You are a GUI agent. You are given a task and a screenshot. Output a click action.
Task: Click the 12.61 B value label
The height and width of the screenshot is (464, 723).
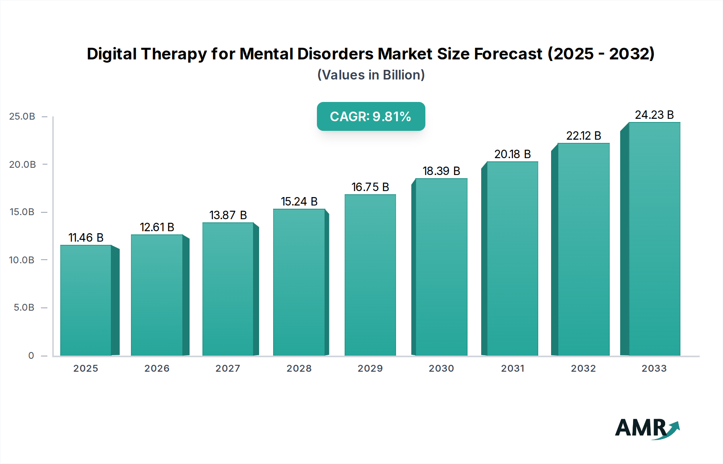157,227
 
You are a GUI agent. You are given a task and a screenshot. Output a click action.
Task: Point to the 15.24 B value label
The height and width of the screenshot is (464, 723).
299,201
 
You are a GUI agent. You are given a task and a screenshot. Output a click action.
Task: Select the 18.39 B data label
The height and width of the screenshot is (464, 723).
441,171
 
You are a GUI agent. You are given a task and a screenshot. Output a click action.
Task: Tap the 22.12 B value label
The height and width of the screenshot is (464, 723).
584,136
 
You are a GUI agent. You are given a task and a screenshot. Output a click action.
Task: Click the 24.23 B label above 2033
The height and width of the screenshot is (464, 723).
654,115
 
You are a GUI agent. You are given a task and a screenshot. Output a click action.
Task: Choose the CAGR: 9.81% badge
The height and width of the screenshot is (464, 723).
371,116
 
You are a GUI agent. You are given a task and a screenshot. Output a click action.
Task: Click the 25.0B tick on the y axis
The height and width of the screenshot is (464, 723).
22,116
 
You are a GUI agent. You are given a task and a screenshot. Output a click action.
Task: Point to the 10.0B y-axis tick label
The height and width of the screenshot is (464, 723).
22,260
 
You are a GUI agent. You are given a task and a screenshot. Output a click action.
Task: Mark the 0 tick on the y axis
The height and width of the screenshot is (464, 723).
31,356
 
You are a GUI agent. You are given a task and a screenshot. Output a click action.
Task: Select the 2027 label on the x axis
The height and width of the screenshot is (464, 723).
228,368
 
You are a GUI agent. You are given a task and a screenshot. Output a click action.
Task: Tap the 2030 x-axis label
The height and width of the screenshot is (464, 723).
441,368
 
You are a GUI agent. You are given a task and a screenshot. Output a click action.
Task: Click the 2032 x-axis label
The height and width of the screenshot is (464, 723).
583,368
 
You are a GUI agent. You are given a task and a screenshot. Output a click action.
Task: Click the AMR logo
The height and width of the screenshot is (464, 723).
647,428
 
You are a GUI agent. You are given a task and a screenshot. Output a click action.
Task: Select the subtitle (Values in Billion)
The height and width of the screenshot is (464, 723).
371,75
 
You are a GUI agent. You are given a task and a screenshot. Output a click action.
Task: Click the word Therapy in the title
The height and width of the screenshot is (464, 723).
174,54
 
